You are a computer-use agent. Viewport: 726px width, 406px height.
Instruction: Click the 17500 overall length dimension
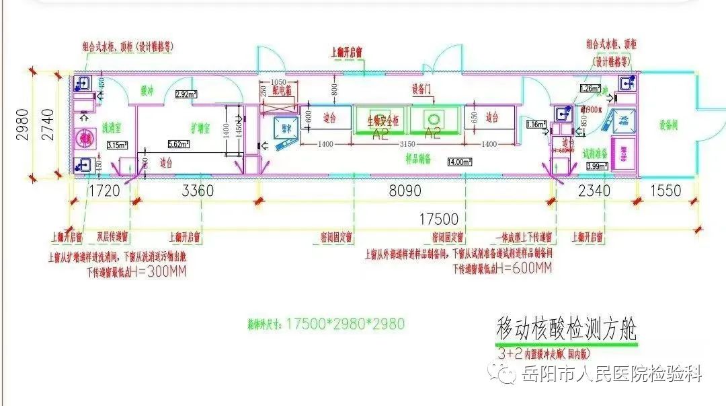439,219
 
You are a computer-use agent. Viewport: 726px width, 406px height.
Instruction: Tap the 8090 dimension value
405,191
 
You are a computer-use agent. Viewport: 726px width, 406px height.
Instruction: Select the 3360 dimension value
198,191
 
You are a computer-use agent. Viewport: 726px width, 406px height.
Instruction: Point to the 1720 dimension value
104,191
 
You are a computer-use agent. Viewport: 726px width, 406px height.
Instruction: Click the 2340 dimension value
594,191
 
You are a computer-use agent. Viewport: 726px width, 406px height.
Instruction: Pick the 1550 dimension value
665,191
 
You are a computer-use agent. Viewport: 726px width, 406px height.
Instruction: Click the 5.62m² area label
177,143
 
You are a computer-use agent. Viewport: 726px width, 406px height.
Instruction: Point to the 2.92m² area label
186,95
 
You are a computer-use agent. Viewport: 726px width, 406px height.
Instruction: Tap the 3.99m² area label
596,166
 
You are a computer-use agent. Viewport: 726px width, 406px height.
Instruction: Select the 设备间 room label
668,123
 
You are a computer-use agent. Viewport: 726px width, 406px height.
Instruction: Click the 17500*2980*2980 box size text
346,324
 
